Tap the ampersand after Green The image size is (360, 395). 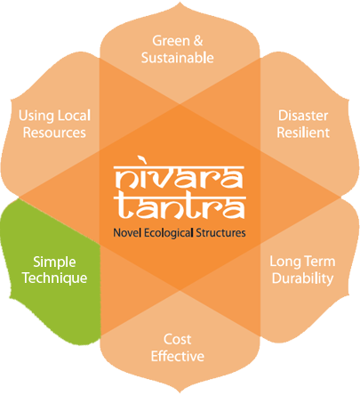point(198,41)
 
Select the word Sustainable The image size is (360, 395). point(178,58)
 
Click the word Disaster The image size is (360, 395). point(303,116)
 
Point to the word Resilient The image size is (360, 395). point(303,133)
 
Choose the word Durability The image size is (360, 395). point(302,278)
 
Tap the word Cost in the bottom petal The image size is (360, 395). point(177,339)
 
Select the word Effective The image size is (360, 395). point(178,356)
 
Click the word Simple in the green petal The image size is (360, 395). point(54,262)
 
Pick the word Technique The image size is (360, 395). point(55,278)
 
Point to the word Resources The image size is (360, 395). point(54,133)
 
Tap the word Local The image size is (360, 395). point(74,116)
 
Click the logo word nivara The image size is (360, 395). point(180,177)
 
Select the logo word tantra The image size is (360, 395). point(180,207)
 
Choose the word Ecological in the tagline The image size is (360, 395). point(169,233)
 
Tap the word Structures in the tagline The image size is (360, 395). point(220,233)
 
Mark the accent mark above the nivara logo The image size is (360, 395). point(142,160)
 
